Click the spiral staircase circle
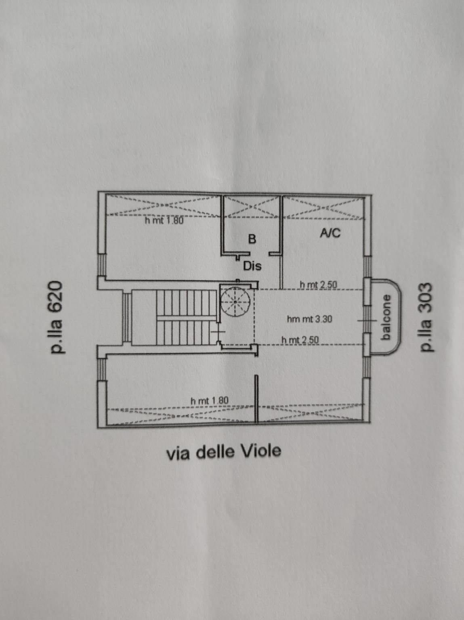pos(236,302)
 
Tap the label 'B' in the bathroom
pos(252,239)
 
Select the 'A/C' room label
pos(330,233)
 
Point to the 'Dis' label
pos(252,266)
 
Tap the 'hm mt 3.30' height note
pos(309,319)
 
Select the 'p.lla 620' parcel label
pos(56,317)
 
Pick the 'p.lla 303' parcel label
pos(426,317)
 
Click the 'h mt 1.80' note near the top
pos(164,220)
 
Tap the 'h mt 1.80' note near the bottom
pos(210,400)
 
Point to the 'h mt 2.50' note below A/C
pos(318,285)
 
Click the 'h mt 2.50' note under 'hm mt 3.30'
pos(300,340)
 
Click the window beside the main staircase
pos(127,317)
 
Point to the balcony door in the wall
pos(367,320)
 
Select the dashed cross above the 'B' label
pos(252,207)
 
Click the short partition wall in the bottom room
pos(256,398)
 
